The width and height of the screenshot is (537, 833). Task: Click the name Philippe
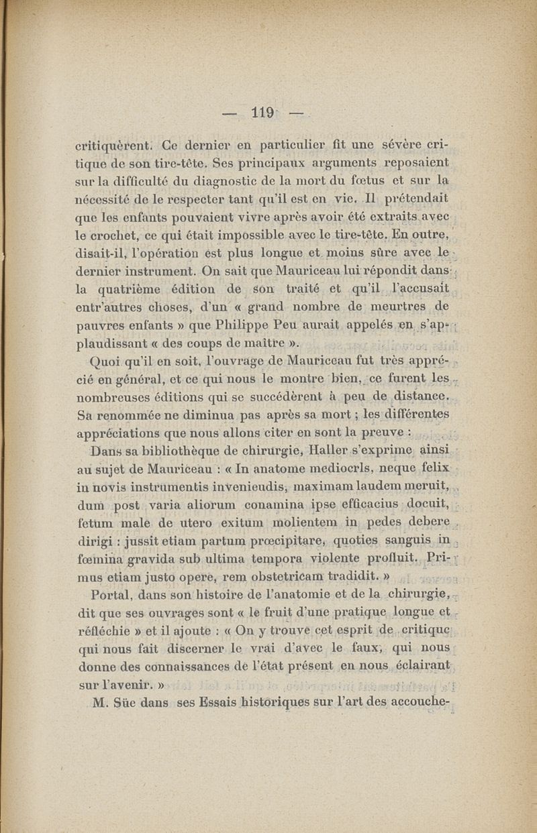pyautogui.click(x=241, y=325)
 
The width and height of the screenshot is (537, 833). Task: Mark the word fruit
pyautogui.click(x=249, y=611)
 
